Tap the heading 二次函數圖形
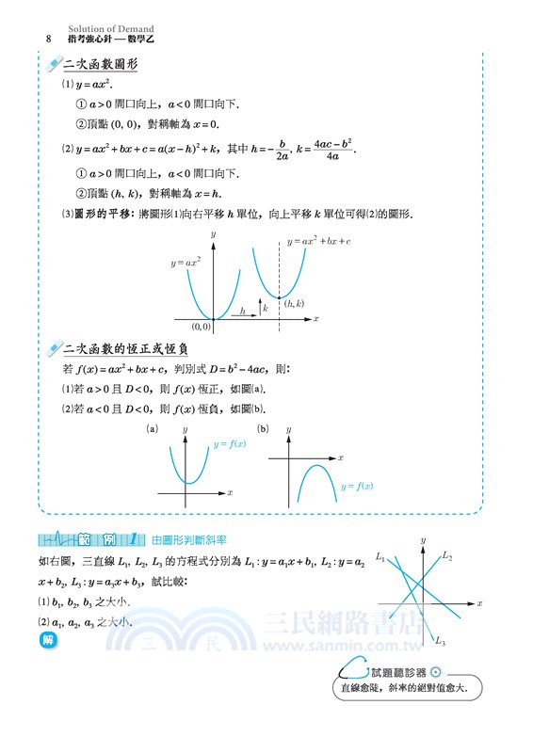(99, 65)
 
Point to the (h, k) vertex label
(295, 304)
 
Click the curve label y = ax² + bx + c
(318, 242)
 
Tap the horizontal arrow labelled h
(243, 312)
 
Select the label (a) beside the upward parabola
(152, 429)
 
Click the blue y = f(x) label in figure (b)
(357, 486)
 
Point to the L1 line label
(380, 558)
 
